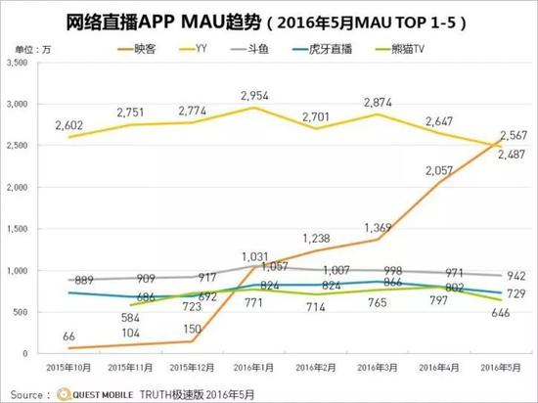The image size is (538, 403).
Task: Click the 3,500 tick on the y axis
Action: [x=20, y=62]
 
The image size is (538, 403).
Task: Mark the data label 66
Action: [x=69, y=336]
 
